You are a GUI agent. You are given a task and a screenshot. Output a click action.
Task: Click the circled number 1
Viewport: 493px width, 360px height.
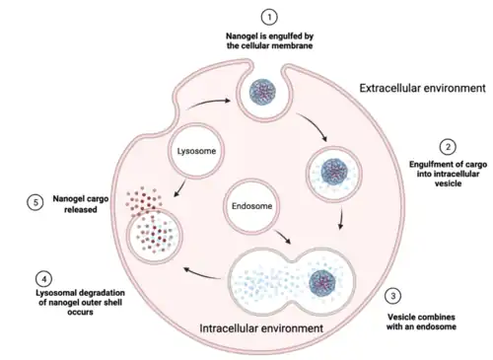pos(269,17)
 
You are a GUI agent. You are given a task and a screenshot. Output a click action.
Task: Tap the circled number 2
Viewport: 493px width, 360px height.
pos(448,147)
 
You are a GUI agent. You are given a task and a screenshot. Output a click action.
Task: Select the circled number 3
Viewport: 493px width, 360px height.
pos(392,296)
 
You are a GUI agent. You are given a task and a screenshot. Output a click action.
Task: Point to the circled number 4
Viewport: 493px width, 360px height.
pos(44,279)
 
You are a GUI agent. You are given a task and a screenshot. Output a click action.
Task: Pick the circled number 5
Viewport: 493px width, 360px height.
pos(35,202)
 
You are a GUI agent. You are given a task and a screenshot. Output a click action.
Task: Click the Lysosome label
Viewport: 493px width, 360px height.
pos(196,151)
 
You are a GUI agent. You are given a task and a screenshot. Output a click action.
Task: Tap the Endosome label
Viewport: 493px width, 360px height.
pos(252,206)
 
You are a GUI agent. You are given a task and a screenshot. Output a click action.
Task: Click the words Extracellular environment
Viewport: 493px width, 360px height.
pos(422,88)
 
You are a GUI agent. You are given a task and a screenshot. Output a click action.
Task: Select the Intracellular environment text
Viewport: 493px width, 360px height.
pos(261,328)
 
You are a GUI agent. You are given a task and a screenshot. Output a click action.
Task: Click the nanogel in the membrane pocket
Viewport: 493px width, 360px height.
pos(262,92)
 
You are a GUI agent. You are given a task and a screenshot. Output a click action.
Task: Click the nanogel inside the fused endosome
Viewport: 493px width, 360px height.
pos(322,283)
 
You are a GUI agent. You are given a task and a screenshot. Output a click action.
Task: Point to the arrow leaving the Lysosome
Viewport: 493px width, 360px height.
pos(179,188)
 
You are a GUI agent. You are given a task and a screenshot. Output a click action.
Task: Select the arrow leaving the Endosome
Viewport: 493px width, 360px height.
pos(282,237)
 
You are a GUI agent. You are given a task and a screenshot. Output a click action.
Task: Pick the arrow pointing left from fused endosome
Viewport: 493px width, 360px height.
pos(202,274)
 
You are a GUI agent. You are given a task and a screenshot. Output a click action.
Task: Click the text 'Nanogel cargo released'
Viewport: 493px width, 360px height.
pos(81,204)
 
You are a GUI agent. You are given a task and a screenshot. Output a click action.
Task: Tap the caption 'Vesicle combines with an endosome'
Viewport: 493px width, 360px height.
pos(421,322)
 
